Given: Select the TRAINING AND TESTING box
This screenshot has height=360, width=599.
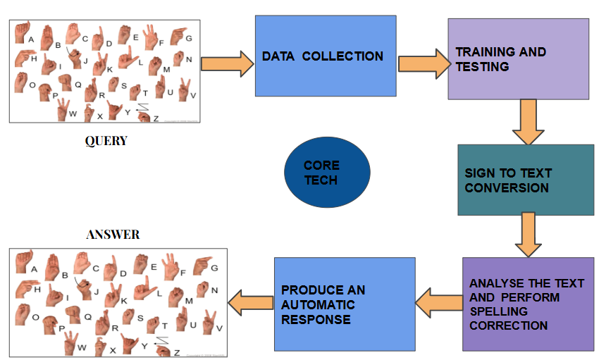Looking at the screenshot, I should click(x=518, y=59).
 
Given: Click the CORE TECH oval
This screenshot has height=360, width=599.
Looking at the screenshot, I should click(x=326, y=173).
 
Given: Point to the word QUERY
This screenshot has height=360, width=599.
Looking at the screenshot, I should click(x=106, y=141).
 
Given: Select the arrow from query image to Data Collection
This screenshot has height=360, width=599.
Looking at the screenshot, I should click(x=226, y=64).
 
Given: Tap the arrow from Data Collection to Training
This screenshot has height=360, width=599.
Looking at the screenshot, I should click(x=423, y=64).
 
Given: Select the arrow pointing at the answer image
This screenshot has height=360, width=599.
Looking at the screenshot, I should click(x=250, y=304).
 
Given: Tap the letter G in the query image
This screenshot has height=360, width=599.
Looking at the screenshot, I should click(x=189, y=38).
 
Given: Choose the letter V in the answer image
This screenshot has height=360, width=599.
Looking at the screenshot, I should click(x=219, y=328).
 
